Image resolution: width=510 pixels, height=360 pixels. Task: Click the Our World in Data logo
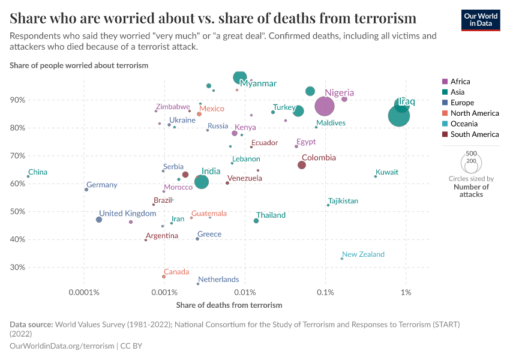480,19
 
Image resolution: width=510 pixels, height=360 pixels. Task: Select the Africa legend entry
460,82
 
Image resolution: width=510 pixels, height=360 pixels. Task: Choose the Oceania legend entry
463,124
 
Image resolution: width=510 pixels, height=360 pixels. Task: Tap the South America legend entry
474,135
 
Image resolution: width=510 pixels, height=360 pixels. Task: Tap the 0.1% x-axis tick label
325,292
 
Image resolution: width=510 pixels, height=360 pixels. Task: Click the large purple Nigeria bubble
324,106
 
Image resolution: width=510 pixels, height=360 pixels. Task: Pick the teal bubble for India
202,182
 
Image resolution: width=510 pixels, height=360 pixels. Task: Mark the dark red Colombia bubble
302,165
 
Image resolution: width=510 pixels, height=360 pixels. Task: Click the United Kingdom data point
99,220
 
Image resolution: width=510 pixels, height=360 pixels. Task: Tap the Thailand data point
256,221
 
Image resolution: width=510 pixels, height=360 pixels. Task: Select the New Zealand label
363,254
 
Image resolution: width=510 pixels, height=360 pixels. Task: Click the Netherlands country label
218,280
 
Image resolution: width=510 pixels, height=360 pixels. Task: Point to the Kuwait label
386,172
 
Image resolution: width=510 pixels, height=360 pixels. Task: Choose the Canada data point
164,277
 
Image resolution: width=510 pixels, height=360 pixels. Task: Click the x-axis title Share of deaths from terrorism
229,305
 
